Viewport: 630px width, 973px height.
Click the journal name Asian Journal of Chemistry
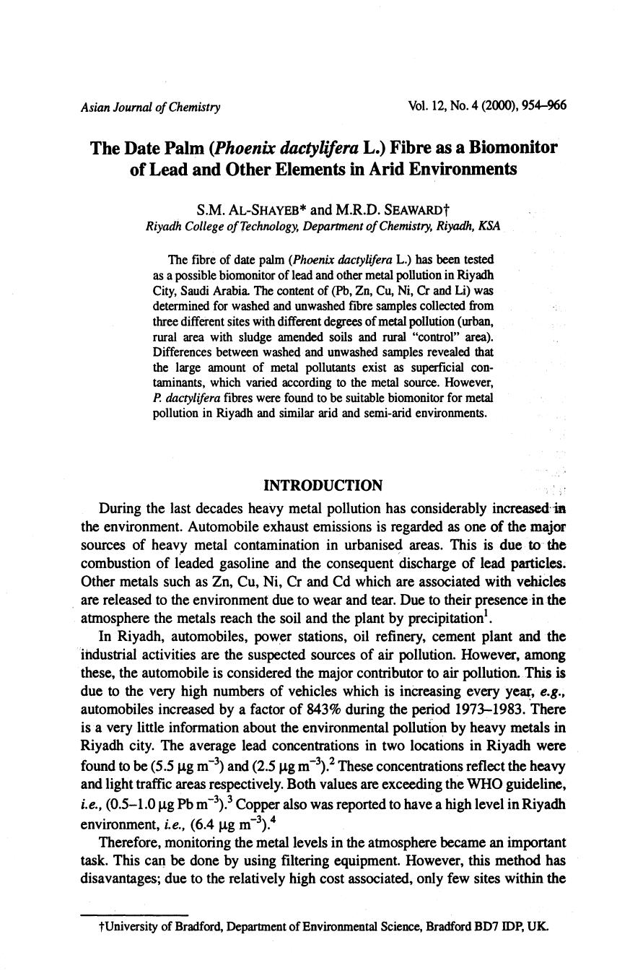tap(151, 108)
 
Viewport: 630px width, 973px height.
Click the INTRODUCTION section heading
tap(323, 485)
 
